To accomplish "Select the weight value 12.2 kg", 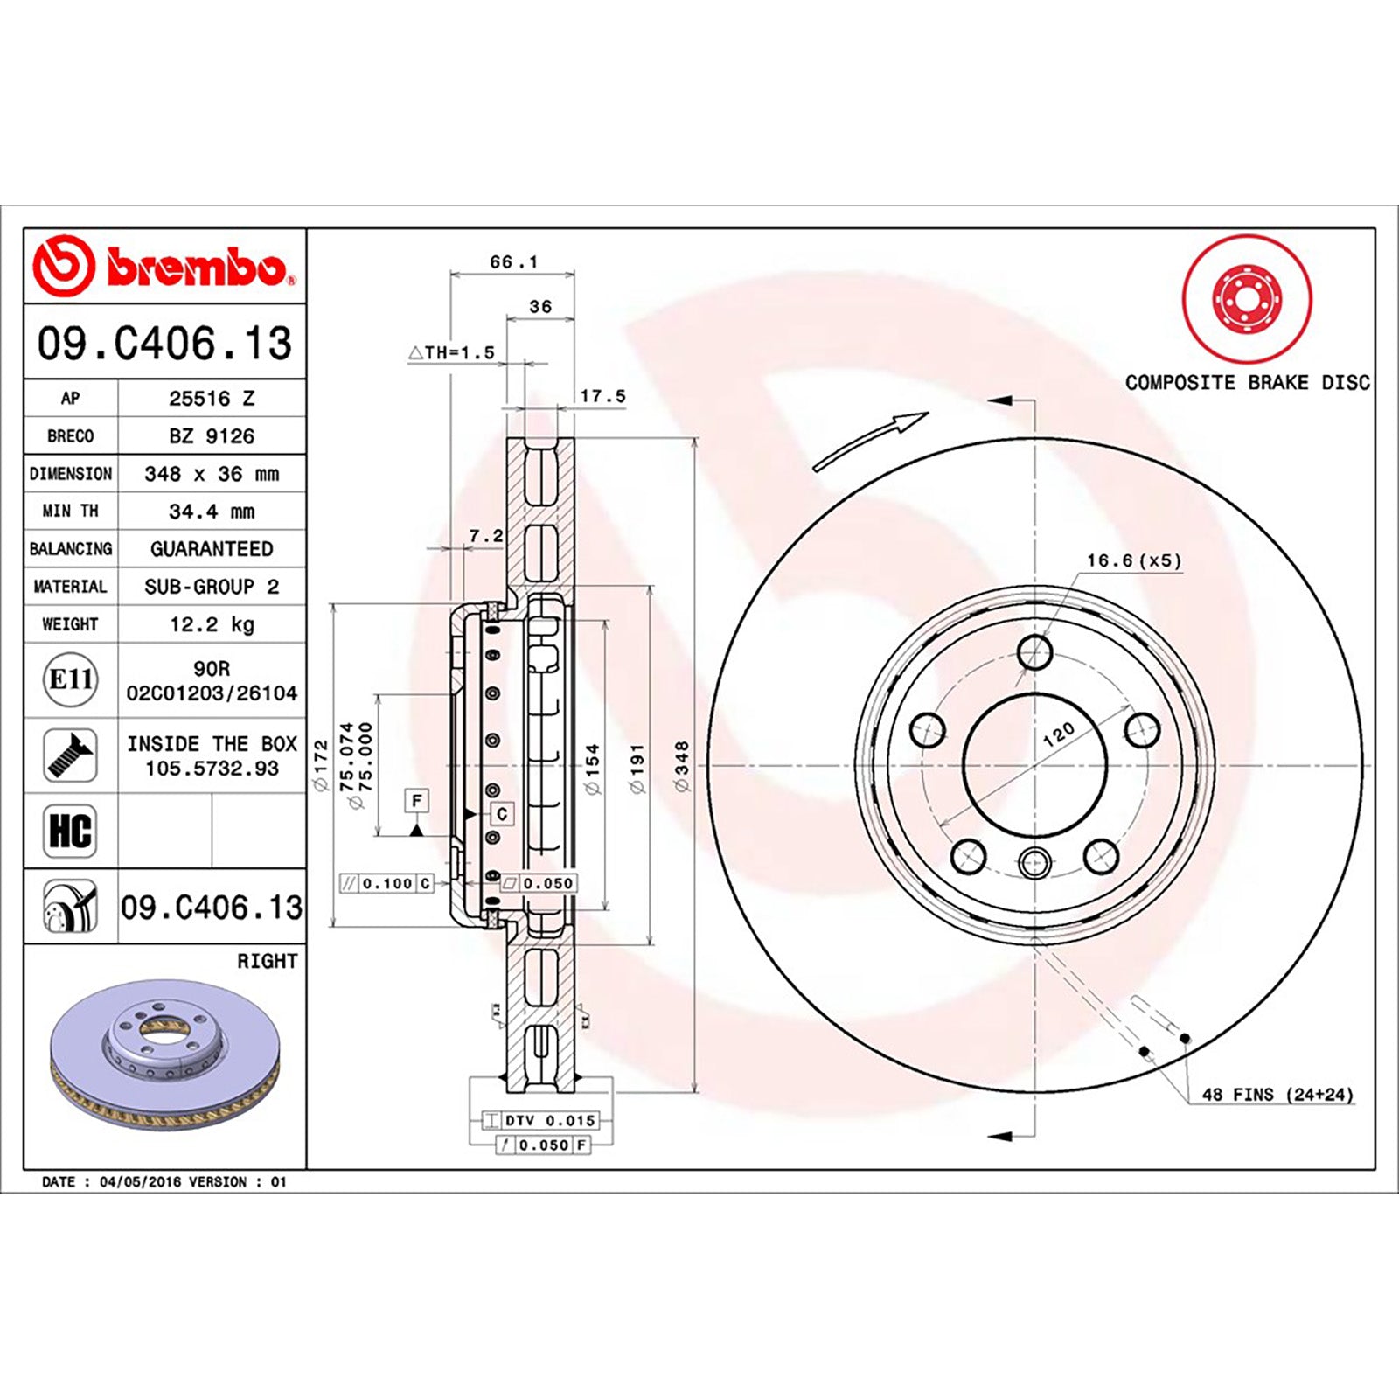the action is point(212,624).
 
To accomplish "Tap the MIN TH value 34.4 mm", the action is point(212,512).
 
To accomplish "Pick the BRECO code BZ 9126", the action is point(212,435).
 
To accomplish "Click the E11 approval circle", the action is point(71,679).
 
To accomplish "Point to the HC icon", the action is point(70,831).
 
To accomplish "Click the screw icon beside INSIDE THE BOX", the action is point(70,755).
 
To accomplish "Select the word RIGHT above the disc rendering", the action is point(268,961).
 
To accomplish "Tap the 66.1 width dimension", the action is point(514,261).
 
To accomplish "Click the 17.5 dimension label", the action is point(603,396).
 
